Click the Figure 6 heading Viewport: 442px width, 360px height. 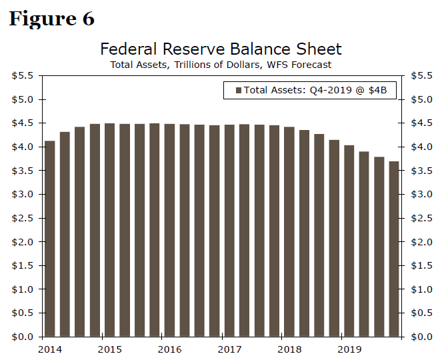pyautogui.click(x=51, y=19)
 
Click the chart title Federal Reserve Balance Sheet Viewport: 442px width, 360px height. pyautogui.click(x=221, y=49)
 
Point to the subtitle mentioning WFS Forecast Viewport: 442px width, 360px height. pyautogui.click(x=221, y=65)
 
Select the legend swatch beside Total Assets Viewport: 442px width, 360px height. pyautogui.click(x=237, y=90)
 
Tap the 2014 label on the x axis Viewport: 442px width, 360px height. pyautogui.click(x=49, y=349)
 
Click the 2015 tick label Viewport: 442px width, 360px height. pyautogui.click(x=109, y=349)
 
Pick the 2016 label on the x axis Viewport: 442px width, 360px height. pyautogui.click(x=169, y=349)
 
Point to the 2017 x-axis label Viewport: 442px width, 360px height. pyautogui.click(x=229, y=349)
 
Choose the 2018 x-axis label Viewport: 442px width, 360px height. pyautogui.click(x=289, y=349)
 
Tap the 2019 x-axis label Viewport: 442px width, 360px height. pyautogui.click(x=349, y=349)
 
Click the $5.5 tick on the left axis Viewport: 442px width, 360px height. pyautogui.click(x=23, y=76)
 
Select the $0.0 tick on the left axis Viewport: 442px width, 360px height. pyautogui.click(x=23, y=337)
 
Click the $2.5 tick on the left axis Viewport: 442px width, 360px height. pyautogui.click(x=23, y=218)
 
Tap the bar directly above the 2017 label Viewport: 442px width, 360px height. pyautogui.click(x=229, y=230)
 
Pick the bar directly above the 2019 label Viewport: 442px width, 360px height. pyautogui.click(x=349, y=241)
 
